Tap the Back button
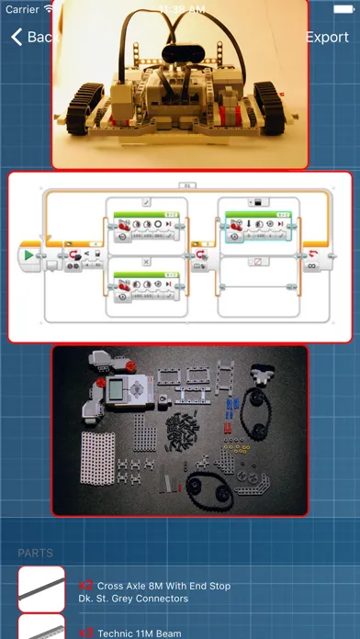(x=35, y=38)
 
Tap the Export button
(x=326, y=38)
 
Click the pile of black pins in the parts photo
(x=185, y=432)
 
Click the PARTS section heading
(x=36, y=553)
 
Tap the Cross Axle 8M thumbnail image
(x=41, y=589)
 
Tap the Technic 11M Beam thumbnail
(x=41, y=629)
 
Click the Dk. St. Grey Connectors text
(x=134, y=599)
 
